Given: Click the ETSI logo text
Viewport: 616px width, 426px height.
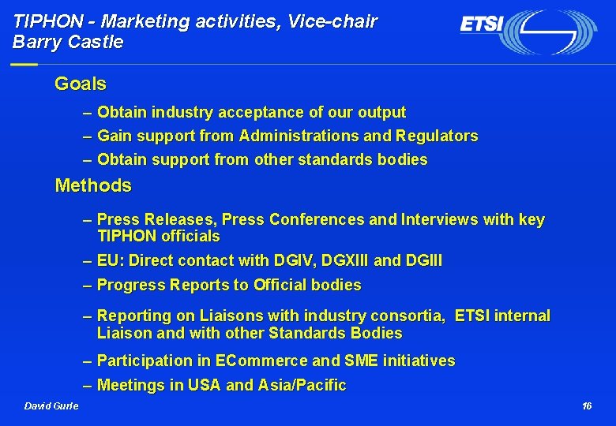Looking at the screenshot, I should pyautogui.click(x=482, y=25).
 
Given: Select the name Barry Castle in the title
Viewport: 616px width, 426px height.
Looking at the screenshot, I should pyautogui.click(x=68, y=43).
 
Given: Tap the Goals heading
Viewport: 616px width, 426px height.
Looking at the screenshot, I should pyautogui.click(x=80, y=84).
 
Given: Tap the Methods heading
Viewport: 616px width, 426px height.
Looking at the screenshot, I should pyautogui.click(x=92, y=186).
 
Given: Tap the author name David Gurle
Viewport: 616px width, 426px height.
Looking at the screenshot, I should pyautogui.click(x=51, y=406).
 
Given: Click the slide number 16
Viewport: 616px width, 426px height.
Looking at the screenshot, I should pyautogui.click(x=586, y=406).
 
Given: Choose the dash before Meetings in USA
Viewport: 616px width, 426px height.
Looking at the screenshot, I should pyautogui.click(x=88, y=386).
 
